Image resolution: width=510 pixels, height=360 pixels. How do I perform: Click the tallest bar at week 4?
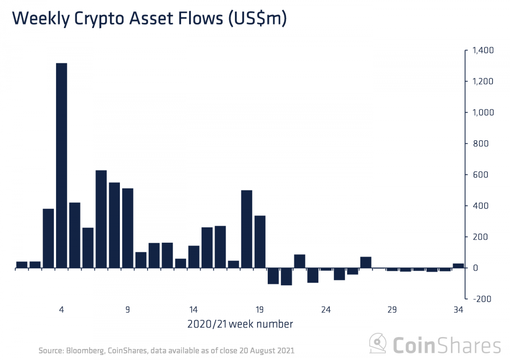tap(62, 165)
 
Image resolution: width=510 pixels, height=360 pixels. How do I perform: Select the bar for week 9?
tap(127, 228)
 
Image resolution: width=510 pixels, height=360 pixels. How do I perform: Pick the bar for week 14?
tap(194, 257)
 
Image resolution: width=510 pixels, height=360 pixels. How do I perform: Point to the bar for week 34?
tap(458, 266)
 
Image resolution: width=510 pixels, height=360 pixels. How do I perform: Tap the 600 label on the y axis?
tap(478, 175)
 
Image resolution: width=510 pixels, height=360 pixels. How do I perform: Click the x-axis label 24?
tap(326, 309)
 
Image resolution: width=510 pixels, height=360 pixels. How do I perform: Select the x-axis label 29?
tap(392, 309)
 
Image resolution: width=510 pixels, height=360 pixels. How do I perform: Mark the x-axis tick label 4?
tap(62, 309)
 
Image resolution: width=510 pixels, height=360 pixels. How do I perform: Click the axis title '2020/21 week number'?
tap(240, 325)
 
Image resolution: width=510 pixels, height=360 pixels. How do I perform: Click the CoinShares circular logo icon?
tap(378, 342)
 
